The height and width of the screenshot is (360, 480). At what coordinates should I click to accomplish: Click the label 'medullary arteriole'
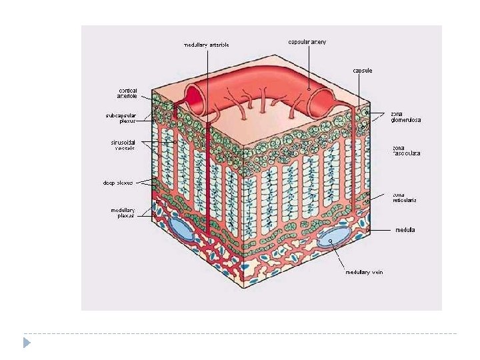pyautogui.click(x=207, y=45)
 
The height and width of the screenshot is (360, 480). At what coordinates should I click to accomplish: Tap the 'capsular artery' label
pyautogui.click(x=307, y=41)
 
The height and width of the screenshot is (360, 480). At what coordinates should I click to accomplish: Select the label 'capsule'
pyautogui.click(x=363, y=70)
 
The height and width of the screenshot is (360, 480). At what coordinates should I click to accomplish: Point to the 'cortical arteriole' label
pyautogui.click(x=128, y=93)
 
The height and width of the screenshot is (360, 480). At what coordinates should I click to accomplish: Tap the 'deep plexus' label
pyautogui.click(x=118, y=182)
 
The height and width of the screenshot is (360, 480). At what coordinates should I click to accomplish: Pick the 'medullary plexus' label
pyautogui.click(x=123, y=213)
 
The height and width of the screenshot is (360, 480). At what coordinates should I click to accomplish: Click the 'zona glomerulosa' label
pyautogui.click(x=405, y=117)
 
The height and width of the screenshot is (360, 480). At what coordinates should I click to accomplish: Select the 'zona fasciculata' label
pyautogui.click(x=405, y=151)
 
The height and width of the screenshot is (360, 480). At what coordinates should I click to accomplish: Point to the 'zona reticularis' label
pyautogui.click(x=404, y=197)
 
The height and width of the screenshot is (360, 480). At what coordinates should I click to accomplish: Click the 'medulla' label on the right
pyautogui.click(x=405, y=230)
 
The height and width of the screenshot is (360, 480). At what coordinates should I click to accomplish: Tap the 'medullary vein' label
pyautogui.click(x=364, y=271)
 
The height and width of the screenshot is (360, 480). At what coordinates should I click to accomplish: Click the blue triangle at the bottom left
pyautogui.click(x=27, y=343)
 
